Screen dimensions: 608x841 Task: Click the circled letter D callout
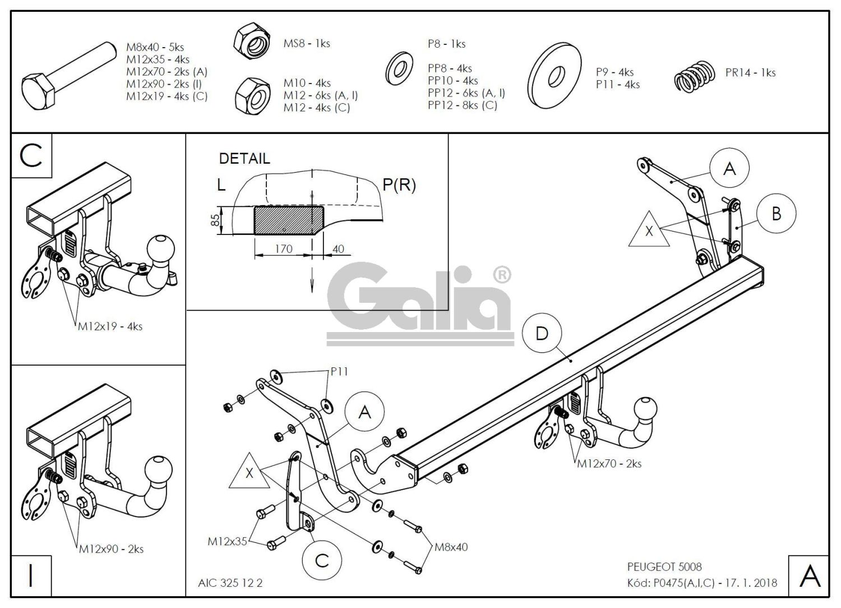tap(542, 334)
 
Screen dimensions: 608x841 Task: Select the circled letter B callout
tap(776, 214)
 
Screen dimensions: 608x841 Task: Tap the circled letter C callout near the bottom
tap(322, 560)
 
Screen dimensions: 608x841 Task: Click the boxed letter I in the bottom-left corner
tap(31, 576)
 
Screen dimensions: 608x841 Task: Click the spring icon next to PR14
tap(695, 76)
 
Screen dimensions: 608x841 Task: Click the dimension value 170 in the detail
tap(284, 248)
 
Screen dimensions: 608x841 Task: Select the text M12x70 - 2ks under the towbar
tap(609, 464)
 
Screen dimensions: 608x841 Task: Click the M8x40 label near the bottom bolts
tap(451, 547)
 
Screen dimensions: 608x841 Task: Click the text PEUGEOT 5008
tap(664, 567)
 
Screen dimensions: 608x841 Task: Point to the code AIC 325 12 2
tap(230, 583)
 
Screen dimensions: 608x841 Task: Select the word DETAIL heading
tap(244, 159)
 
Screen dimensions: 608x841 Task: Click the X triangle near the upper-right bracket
tap(649, 231)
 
